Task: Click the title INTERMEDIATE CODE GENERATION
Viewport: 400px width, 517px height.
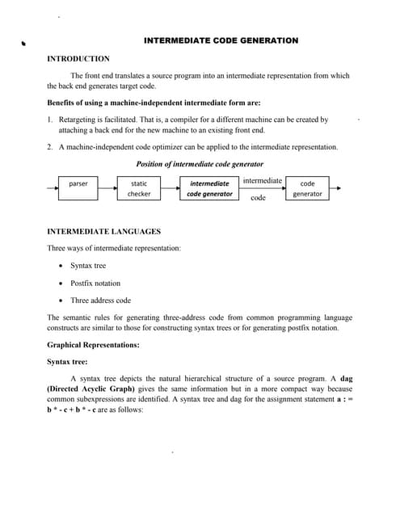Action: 221,40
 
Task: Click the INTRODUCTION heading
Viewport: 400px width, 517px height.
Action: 78,59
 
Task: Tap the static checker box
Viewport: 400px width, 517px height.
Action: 139,188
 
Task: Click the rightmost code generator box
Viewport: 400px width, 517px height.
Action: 307,188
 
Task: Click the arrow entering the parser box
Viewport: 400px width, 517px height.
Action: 52,189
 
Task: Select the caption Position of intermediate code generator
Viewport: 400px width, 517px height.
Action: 200,164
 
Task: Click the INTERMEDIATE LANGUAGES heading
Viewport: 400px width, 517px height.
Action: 104,231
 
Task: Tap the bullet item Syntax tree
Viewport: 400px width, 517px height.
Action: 87,265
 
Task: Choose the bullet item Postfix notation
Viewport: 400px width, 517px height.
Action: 95,283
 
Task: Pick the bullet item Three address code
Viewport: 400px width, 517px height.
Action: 100,301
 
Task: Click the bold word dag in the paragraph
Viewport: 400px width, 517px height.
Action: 346,378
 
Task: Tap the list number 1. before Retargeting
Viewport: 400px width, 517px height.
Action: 50,119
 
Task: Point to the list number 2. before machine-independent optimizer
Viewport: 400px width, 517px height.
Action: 50,147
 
